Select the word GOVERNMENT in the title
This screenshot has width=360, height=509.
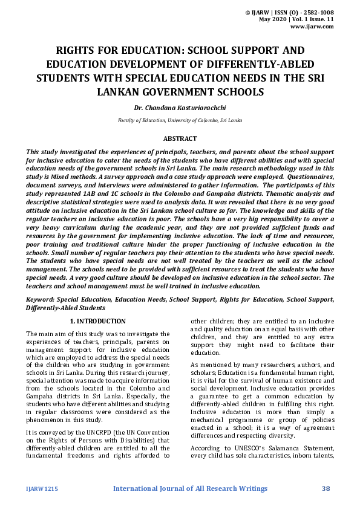click(x=188, y=92)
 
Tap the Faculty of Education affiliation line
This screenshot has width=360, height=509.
click(x=180, y=120)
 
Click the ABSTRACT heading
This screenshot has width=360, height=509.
click(x=180, y=139)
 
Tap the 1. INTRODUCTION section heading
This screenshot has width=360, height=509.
click(x=98, y=321)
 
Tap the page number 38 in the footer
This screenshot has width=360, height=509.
click(x=326, y=488)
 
